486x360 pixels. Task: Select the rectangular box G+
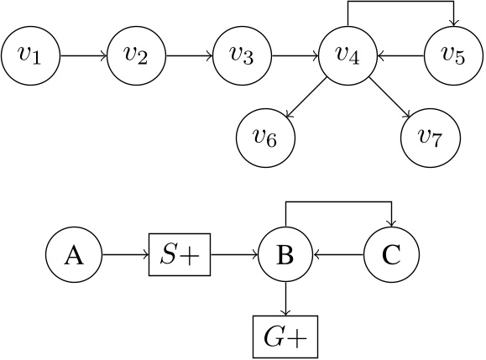pyautogui.click(x=285, y=336)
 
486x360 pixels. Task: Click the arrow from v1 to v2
pyautogui.click(x=84, y=56)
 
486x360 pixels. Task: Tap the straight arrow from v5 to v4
pyautogui.click(x=402, y=56)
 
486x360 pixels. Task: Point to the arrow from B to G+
pyautogui.click(x=285, y=296)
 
